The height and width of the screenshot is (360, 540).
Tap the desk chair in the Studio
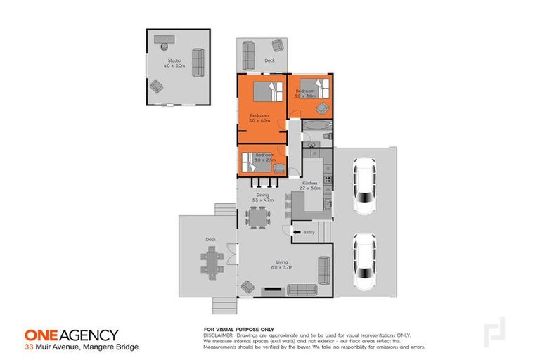tap(164, 47)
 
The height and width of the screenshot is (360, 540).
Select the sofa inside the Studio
tap(198, 63)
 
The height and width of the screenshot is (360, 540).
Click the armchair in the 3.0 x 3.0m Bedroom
tap(322, 108)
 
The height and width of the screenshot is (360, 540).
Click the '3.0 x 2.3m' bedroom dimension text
tap(264, 160)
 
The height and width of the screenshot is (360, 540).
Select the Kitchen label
tap(310, 184)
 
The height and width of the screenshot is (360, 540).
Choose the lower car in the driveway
tap(364, 262)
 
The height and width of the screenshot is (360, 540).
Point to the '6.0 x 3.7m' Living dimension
tap(282, 267)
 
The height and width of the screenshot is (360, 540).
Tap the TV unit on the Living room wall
tap(271, 290)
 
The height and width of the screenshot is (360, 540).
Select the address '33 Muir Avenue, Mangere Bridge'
tap(82, 347)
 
